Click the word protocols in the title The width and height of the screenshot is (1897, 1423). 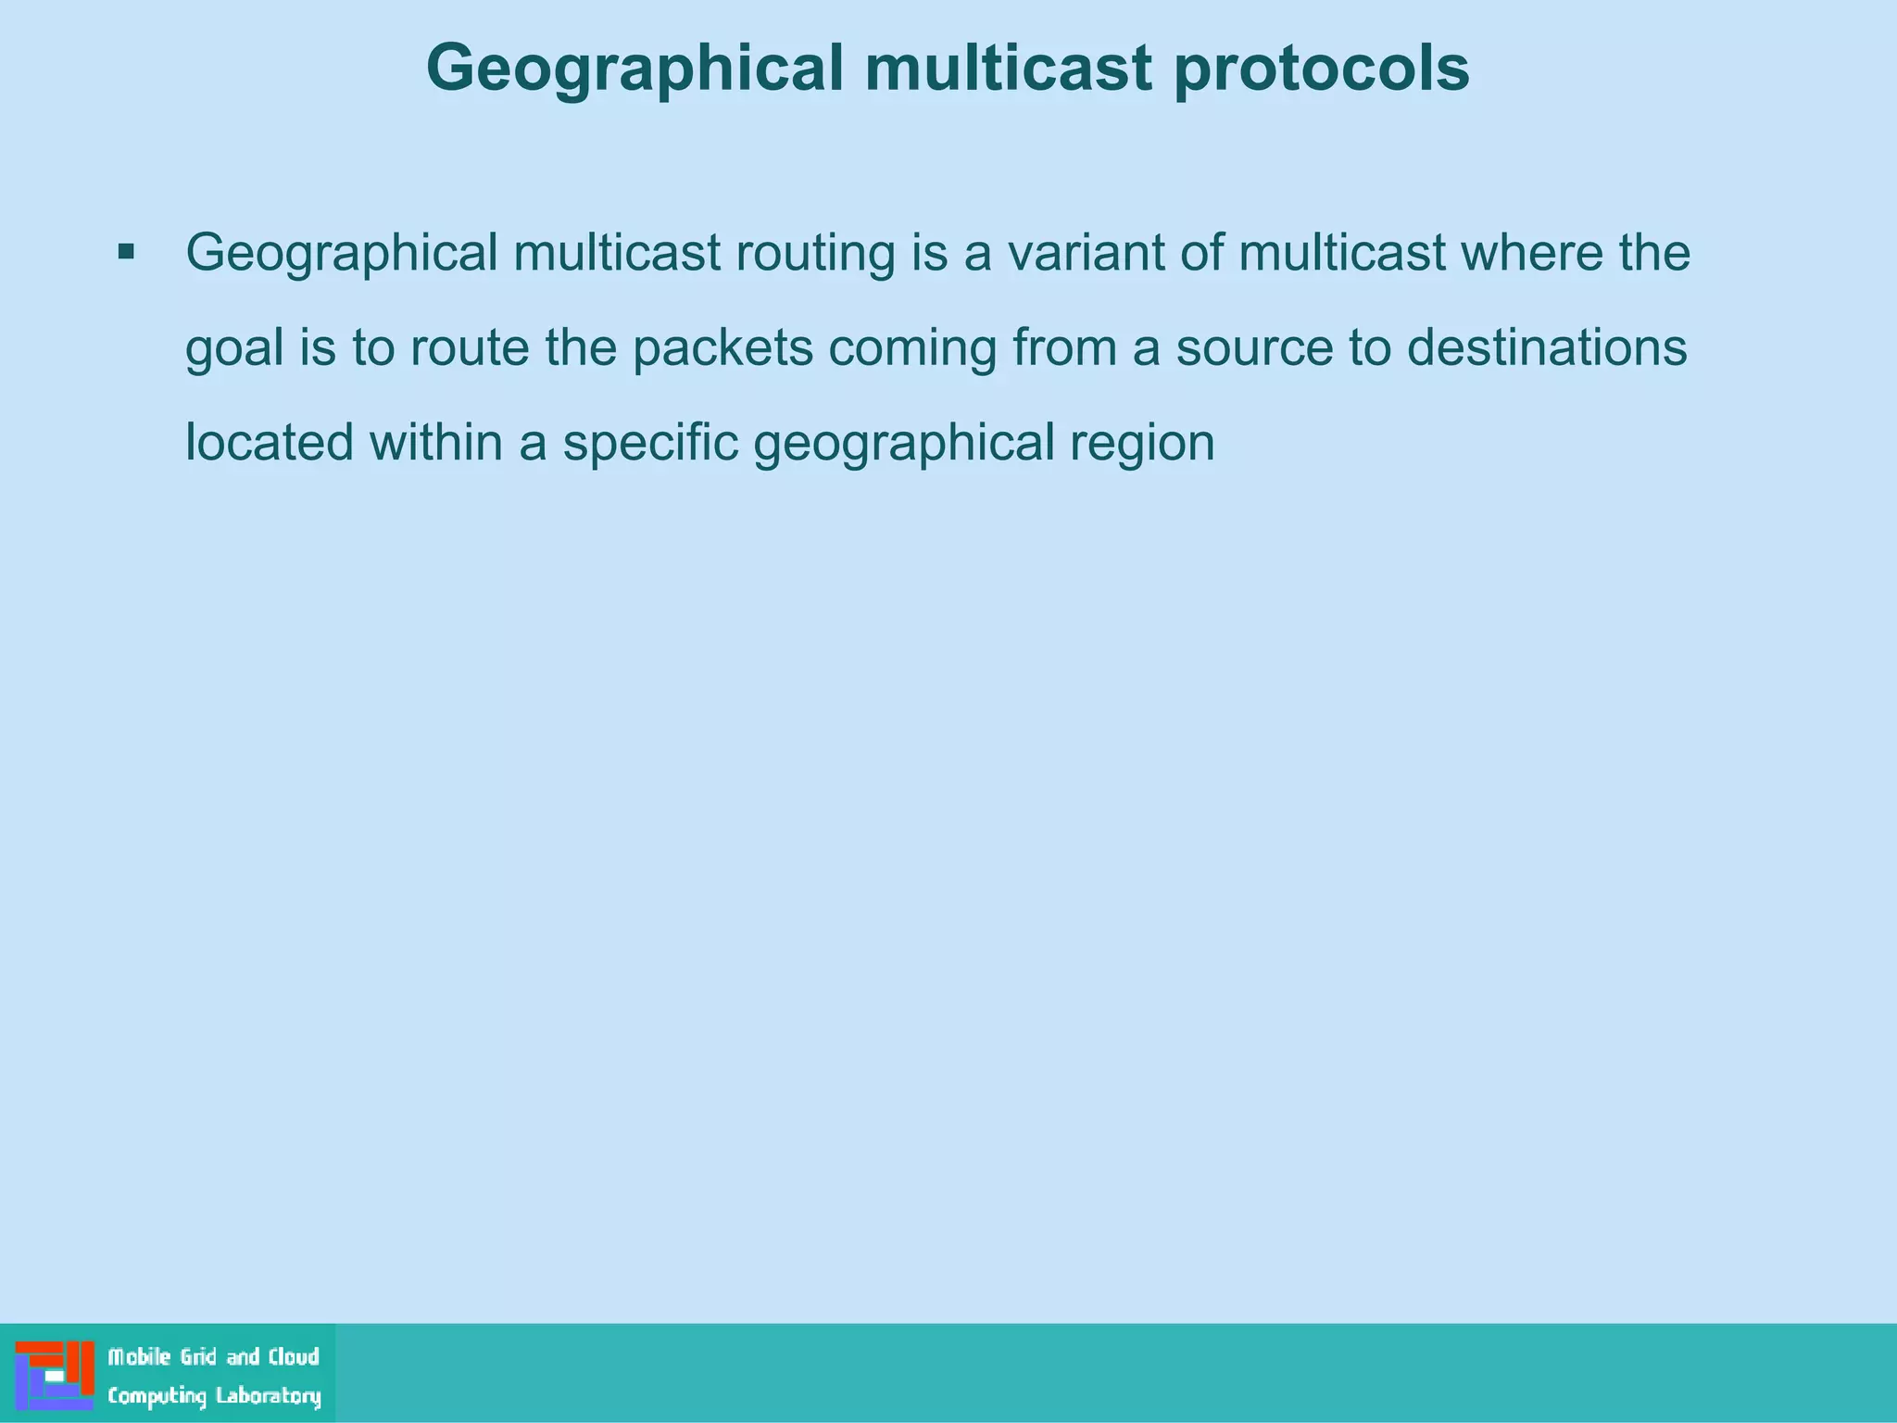click(1321, 70)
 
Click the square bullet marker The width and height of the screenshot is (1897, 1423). click(127, 251)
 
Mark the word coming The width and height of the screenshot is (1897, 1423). click(911, 349)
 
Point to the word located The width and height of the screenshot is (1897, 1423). click(270, 442)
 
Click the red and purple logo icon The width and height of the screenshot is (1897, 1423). click(55, 1375)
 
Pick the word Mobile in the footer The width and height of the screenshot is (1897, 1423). click(139, 1357)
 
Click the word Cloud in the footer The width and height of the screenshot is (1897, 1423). click(294, 1357)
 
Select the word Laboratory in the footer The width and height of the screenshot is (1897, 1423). click(268, 1396)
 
